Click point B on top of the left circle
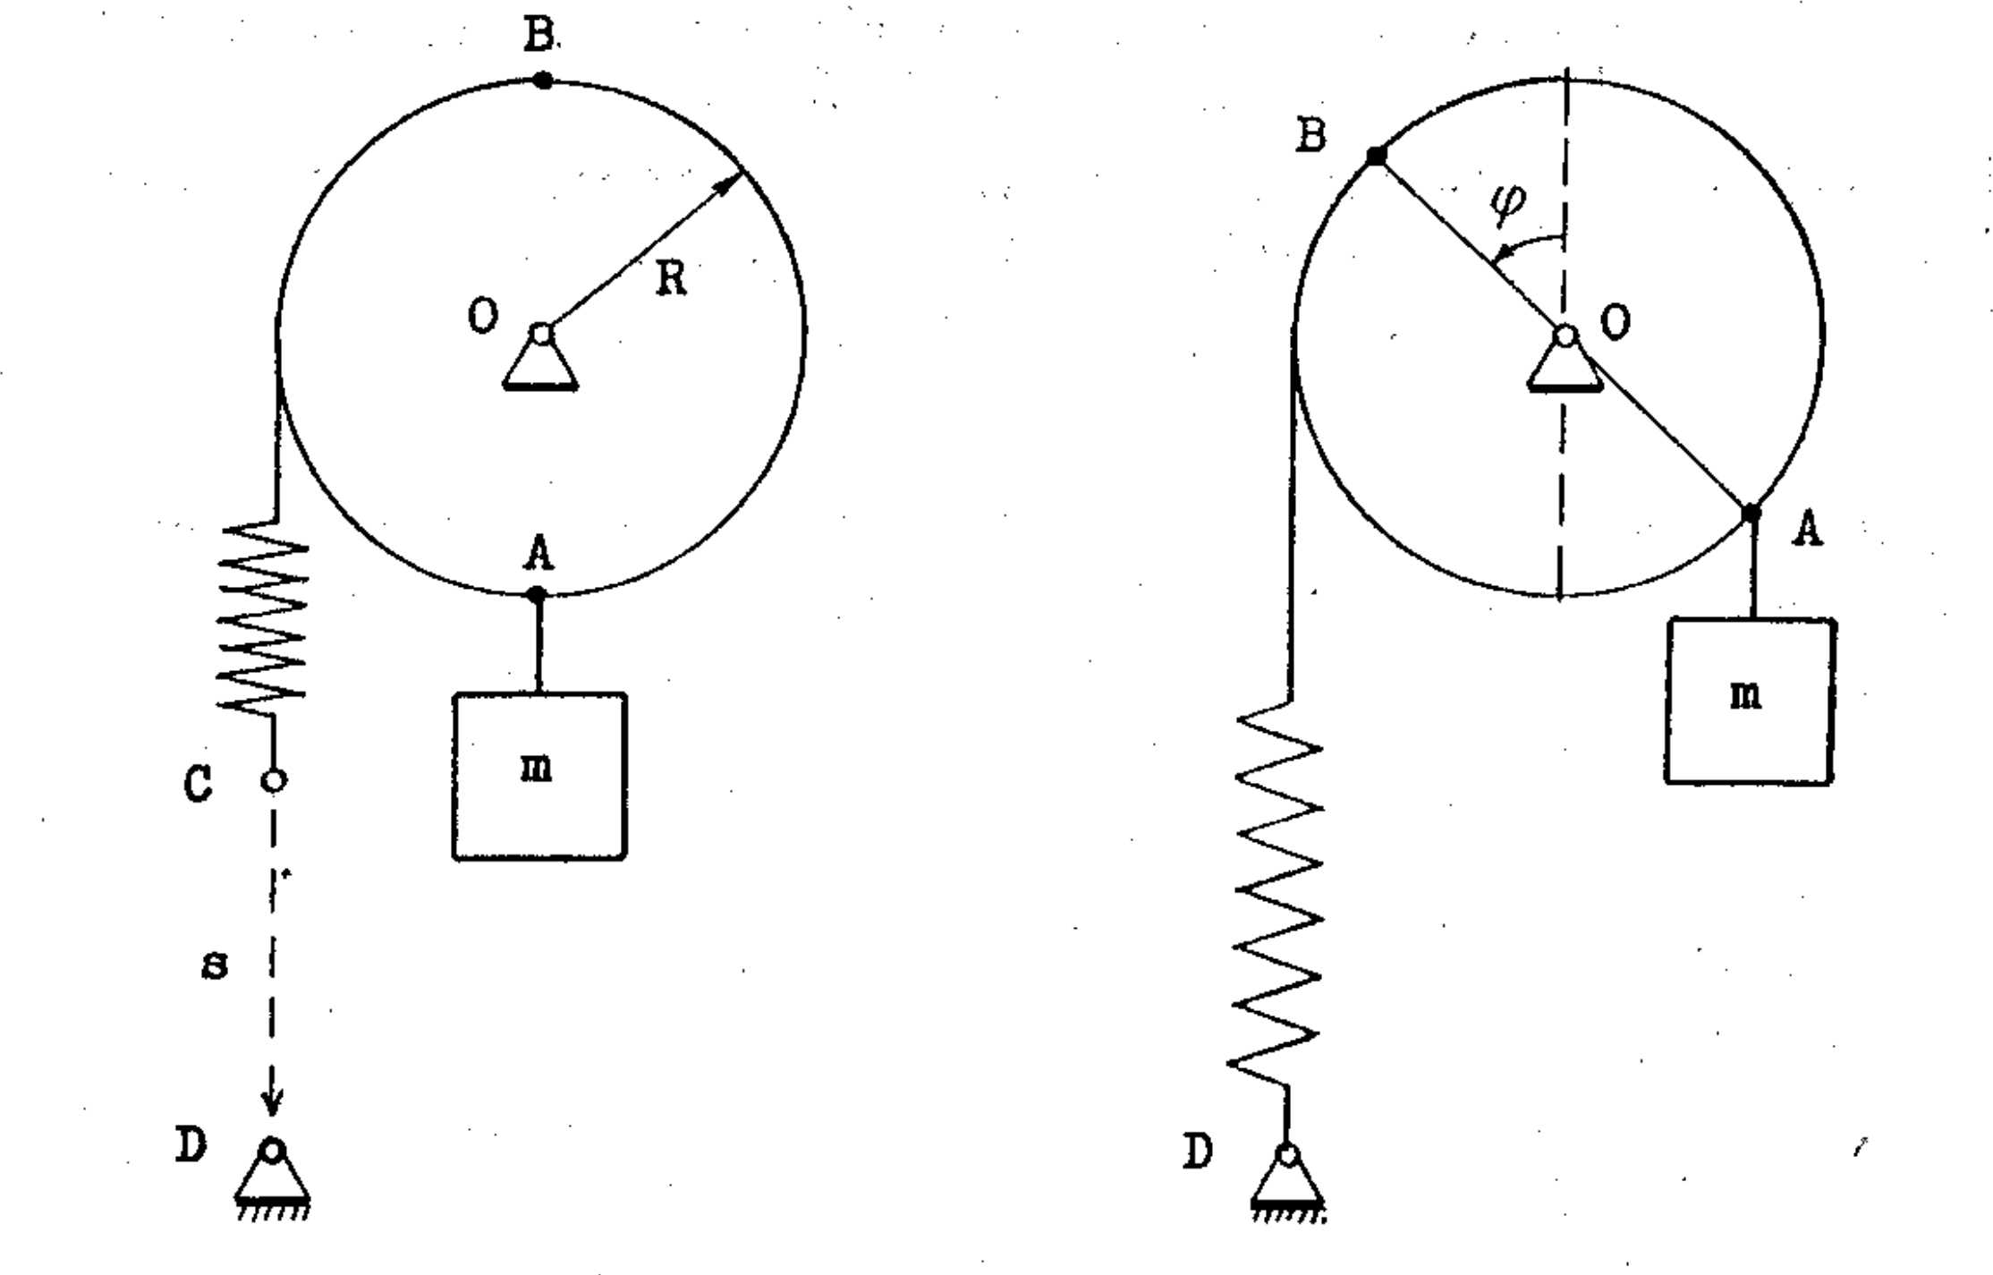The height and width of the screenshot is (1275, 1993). (542, 81)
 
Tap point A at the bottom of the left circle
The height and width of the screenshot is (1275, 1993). (537, 594)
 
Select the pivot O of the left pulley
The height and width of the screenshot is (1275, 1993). (541, 335)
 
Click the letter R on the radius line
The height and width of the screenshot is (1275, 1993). (672, 278)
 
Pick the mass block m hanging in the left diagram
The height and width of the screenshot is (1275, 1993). (539, 776)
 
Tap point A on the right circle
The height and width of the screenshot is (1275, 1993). (1751, 514)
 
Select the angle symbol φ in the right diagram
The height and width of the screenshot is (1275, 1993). (1507, 206)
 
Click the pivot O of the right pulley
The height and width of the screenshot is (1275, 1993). (1565, 336)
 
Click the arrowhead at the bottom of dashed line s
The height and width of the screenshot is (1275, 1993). (272, 1102)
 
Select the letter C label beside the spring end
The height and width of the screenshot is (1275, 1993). (198, 784)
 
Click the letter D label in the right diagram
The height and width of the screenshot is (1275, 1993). (1199, 1152)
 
